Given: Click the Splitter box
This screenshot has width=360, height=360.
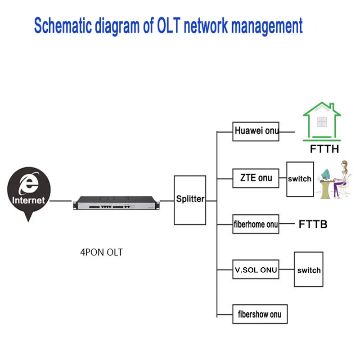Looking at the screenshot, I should (190, 200).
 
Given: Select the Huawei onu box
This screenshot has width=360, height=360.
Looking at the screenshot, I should (256, 132).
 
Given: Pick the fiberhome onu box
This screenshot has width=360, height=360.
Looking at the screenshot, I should (256, 224).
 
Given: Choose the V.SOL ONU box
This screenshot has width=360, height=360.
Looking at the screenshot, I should (256, 270).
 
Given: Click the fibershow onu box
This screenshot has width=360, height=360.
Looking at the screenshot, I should (259, 314).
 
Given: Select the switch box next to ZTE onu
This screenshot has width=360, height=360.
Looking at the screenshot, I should (300, 179).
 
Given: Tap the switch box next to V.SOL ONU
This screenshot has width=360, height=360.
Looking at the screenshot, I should (309, 270).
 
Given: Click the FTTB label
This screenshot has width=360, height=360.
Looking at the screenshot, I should (313, 224).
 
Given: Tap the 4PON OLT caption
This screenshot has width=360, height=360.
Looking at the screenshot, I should (101, 252).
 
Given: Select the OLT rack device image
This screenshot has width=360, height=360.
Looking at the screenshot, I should (116, 202).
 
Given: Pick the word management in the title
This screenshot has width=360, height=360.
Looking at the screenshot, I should (265, 26).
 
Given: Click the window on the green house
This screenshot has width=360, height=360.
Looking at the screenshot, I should (321, 121).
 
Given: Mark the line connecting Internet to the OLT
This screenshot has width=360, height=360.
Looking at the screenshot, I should (61, 201).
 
